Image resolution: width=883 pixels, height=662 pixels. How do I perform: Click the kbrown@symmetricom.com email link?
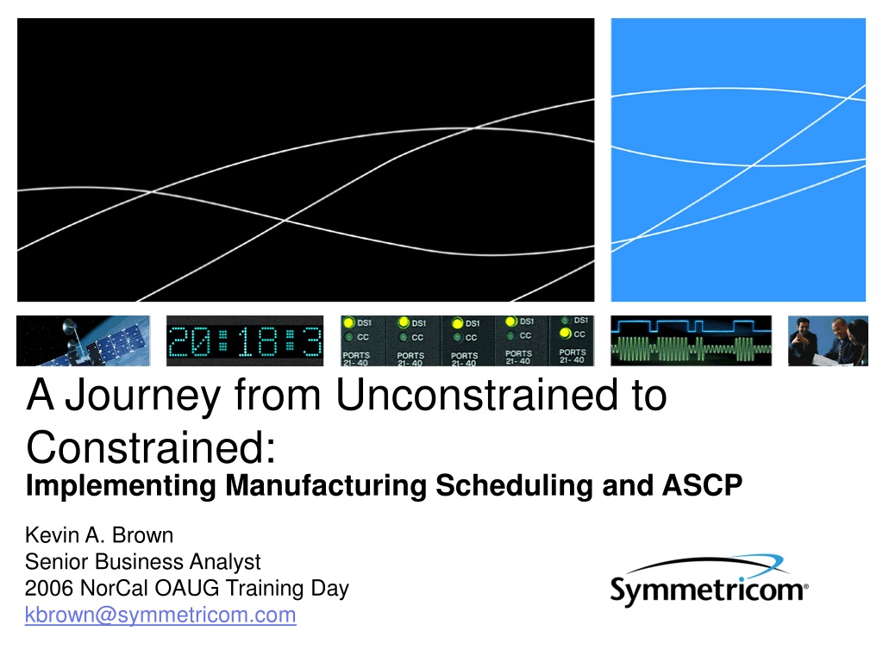pyautogui.click(x=160, y=615)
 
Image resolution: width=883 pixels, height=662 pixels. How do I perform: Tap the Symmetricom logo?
pyautogui.click(x=709, y=581)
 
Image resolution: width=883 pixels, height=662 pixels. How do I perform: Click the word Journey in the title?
pyautogui.click(x=143, y=396)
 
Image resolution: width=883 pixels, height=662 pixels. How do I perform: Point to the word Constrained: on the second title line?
pyautogui.click(x=152, y=447)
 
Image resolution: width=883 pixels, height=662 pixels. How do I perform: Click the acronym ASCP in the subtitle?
pyautogui.click(x=702, y=485)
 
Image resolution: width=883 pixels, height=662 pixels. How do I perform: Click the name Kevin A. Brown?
pyautogui.click(x=99, y=534)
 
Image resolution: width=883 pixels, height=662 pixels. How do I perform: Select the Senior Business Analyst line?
pyautogui.click(x=143, y=562)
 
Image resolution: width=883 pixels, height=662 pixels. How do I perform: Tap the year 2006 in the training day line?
pyautogui.click(x=49, y=588)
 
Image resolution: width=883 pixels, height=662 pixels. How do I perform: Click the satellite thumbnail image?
pyautogui.click(x=84, y=340)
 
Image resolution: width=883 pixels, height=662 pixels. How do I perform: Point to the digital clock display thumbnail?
pyautogui.click(x=245, y=340)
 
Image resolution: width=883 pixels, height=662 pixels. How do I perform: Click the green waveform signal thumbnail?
pyautogui.click(x=691, y=340)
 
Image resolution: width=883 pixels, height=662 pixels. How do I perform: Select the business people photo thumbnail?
pyautogui.click(x=828, y=340)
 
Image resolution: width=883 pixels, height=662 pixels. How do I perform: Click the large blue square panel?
pyautogui.click(x=738, y=159)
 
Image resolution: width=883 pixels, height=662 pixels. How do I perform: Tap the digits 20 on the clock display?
pyautogui.click(x=190, y=341)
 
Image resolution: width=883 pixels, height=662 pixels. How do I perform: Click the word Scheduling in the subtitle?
pyautogui.click(x=514, y=486)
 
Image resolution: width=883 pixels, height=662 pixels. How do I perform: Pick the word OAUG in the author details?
pyautogui.click(x=186, y=588)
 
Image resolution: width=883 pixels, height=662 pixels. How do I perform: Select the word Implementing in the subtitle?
pyautogui.click(x=121, y=486)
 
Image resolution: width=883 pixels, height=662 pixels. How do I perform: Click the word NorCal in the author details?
pyautogui.click(x=114, y=588)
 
